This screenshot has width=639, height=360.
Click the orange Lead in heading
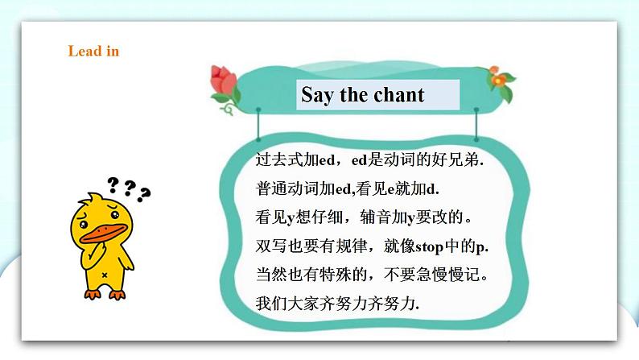(x=93, y=52)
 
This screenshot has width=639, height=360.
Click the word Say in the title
(x=318, y=95)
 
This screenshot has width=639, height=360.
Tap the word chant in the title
(x=398, y=95)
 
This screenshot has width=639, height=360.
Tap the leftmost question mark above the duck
(x=113, y=184)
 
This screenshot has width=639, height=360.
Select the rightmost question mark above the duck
(x=145, y=194)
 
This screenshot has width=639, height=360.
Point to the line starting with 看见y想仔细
(x=362, y=217)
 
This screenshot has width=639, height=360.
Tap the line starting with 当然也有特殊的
(x=371, y=275)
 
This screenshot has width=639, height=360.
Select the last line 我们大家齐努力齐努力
(x=337, y=304)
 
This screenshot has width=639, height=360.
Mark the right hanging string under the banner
(x=476, y=125)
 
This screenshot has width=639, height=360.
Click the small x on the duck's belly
(x=105, y=274)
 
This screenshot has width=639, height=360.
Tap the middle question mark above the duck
(x=129, y=188)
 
